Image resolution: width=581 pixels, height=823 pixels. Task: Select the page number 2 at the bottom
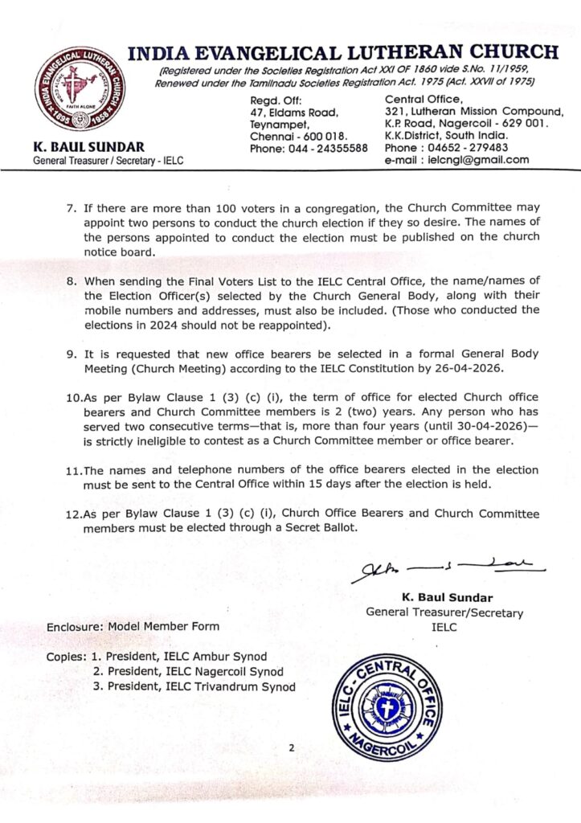click(x=292, y=748)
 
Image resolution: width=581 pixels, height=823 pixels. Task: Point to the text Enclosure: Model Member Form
click(x=132, y=626)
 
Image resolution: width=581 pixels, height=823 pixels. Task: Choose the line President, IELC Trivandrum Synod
click(x=201, y=686)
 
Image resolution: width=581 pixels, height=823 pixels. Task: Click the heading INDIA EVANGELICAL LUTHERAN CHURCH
click(x=343, y=53)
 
